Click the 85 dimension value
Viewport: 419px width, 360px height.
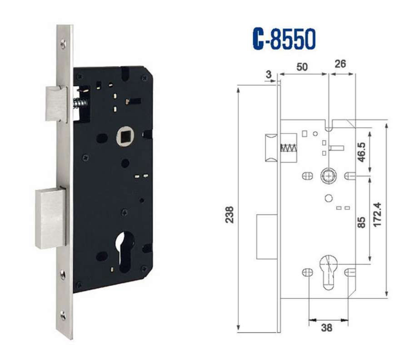(363, 222)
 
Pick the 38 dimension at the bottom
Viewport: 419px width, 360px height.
(326, 327)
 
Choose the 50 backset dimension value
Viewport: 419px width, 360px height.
(302, 67)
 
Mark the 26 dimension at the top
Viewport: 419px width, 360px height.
(340, 64)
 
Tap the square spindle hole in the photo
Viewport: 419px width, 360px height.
(124, 137)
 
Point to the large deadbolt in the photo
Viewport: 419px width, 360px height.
(50, 218)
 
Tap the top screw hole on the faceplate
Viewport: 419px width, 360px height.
(63, 44)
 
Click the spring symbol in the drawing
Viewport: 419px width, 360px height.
(288, 148)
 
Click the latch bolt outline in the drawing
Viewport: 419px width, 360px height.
(270, 148)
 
